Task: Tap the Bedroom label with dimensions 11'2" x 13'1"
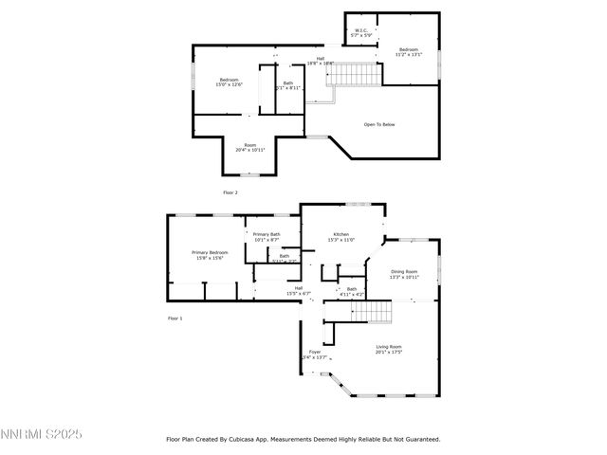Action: coord(408,52)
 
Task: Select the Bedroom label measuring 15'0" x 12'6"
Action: coord(230,82)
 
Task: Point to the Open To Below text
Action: coord(379,124)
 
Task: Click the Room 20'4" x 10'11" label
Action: coord(250,147)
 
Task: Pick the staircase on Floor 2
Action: coord(347,73)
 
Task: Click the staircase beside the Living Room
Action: coord(371,312)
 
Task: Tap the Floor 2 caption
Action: coord(230,192)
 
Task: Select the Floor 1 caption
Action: coord(175,318)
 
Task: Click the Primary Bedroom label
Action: coord(210,255)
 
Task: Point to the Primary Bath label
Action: coord(267,237)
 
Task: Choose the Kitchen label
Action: coord(341,237)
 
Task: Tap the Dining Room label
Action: coord(405,274)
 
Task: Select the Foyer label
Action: coord(314,354)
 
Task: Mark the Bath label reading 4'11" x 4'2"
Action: coord(352,291)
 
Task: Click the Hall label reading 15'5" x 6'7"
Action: coord(299,291)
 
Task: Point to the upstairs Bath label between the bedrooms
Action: coord(288,85)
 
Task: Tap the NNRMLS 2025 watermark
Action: coord(42,434)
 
